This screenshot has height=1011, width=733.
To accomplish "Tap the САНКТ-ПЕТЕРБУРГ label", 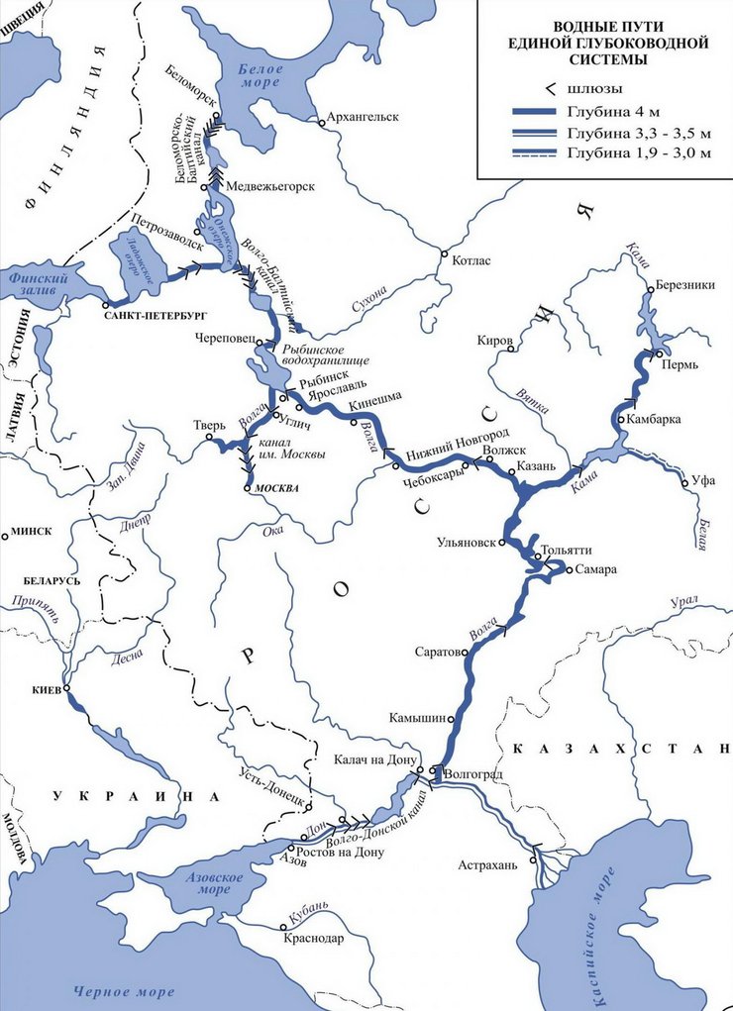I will (x=153, y=313).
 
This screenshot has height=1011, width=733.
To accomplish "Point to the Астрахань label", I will (x=487, y=864).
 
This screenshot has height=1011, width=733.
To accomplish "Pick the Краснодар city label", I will (x=313, y=938).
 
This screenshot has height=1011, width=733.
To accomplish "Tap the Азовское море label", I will (x=202, y=886).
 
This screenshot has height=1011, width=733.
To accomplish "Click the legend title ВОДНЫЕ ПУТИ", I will (x=607, y=27).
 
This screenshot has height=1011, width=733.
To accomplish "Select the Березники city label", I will (x=684, y=285).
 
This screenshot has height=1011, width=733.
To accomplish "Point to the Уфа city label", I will (x=704, y=479).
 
